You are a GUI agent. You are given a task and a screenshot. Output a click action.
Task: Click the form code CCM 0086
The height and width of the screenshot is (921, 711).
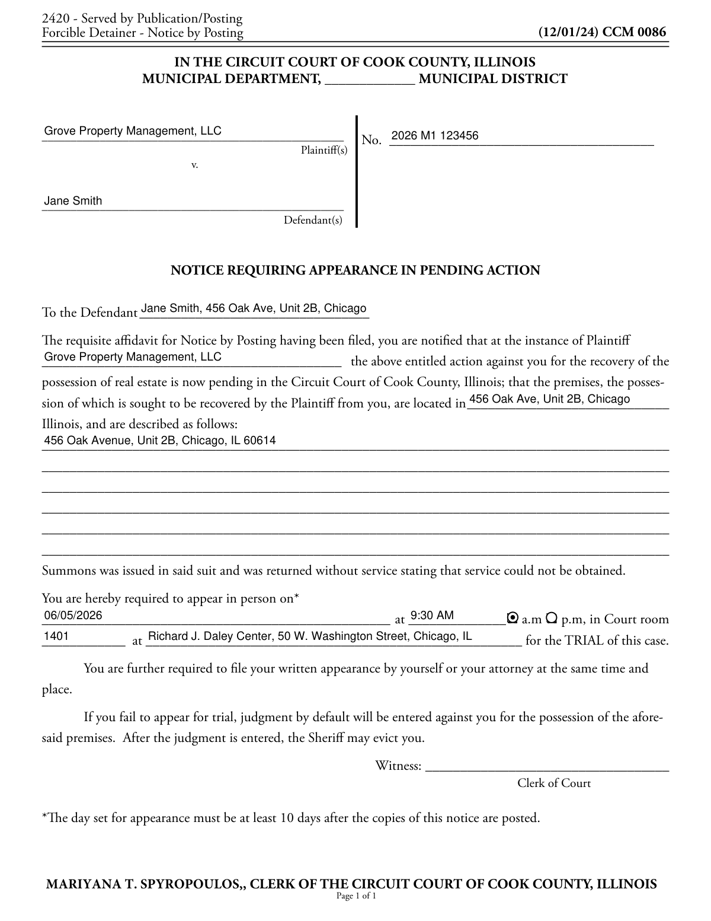coord(634,32)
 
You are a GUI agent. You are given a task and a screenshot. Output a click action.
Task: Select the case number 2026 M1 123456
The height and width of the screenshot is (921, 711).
coord(435,136)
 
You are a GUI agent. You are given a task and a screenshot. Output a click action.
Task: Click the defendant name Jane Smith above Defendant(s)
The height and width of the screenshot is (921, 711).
coord(73,201)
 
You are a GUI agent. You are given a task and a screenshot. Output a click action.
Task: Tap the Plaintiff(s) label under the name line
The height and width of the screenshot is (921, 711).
coord(324,151)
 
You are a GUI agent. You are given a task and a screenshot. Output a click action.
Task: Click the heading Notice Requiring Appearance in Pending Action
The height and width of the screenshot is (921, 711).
coord(355,270)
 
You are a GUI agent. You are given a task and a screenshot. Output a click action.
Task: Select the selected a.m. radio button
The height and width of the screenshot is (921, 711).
coord(513,618)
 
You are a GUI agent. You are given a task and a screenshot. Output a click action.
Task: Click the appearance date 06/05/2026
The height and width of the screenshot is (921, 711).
coord(73,615)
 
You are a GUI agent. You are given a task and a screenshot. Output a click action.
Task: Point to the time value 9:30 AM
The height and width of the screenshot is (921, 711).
coord(432,615)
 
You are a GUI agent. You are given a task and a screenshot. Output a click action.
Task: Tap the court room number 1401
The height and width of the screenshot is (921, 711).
coord(56,636)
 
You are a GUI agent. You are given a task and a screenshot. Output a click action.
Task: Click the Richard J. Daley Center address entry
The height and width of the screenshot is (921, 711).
coord(310,636)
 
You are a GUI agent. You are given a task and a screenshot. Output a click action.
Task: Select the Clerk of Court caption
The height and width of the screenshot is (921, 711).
coord(554,783)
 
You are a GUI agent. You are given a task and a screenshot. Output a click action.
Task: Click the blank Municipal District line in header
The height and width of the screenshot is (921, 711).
coord(370,79)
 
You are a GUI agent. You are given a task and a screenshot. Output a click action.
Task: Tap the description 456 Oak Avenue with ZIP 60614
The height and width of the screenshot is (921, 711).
coord(160,441)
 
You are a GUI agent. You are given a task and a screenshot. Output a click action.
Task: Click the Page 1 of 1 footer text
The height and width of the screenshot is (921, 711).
coord(356,896)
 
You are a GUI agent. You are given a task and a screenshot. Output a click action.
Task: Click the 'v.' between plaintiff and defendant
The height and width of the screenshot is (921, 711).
coord(194,165)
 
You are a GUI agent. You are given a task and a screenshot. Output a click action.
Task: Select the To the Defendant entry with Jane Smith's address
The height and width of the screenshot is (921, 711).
coord(254,308)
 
